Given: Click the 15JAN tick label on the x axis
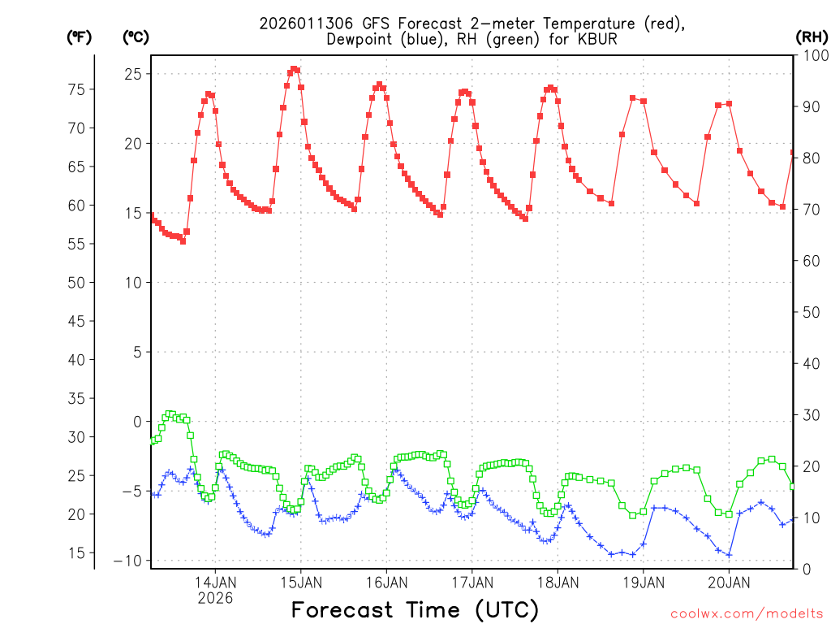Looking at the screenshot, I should pyautogui.click(x=300, y=582).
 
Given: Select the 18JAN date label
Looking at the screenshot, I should pyautogui.click(x=558, y=582).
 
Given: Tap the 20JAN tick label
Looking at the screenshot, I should pyautogui.click(x=729, y=582).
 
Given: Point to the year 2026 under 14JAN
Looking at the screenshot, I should pyautogui.click(x=215, y=598).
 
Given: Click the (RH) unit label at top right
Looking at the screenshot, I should pyautogui.click(x=811, y=37).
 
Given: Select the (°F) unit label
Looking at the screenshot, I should pyautogui.click(x=79, y=37).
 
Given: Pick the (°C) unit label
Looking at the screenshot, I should pyautogui.click(x=136, y=37).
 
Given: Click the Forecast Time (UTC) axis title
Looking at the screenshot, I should pyautogui.click(x=415, y=609).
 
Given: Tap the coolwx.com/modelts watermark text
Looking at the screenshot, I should pyautogui.click(x=747, y=613).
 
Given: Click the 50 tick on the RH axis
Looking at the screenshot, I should pyautogui.click(x=810, y=312).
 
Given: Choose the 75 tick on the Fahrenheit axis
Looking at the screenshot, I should pyautogui.click(x=75, y=89).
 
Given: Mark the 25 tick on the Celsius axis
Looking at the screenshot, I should pyautogui.click(x=133, y=74).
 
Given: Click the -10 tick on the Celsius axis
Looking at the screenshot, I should pyautogui.click(x=127, y=561).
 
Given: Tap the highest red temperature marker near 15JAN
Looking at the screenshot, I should pyautogui.click(x=294, y=69).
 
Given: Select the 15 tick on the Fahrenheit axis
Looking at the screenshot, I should pyautogui.click(x=75, y=552).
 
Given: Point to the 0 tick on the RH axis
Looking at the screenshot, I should pyautogui.click(x=806, y=569).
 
